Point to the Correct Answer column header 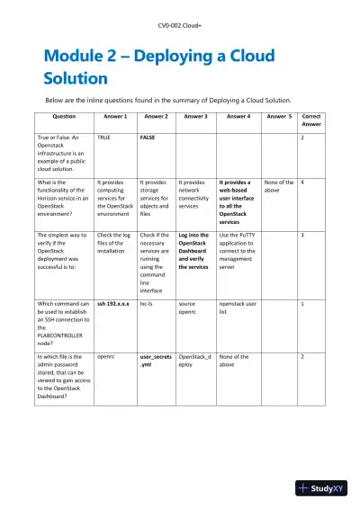[311, 120]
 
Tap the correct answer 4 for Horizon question [302, 182]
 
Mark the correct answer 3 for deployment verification [302, 236]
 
